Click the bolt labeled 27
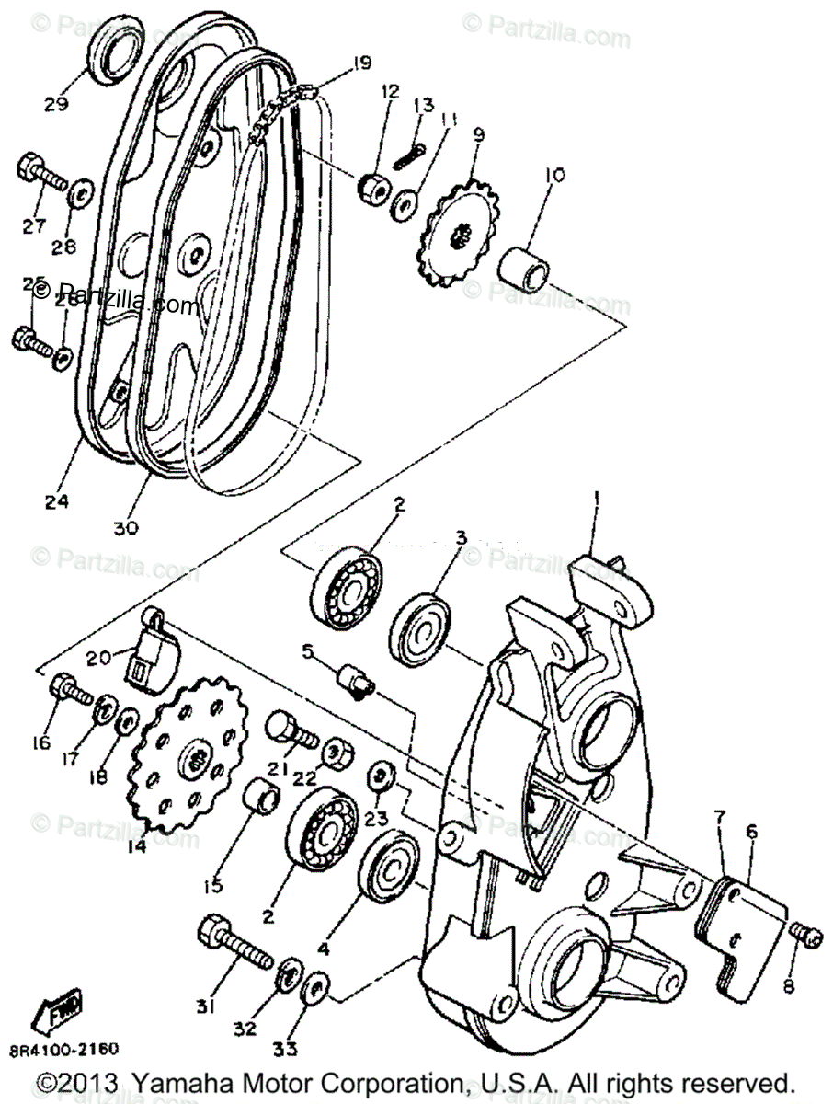click(41, 175)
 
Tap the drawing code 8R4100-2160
click(64, 1048)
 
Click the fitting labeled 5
click(354, 682)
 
